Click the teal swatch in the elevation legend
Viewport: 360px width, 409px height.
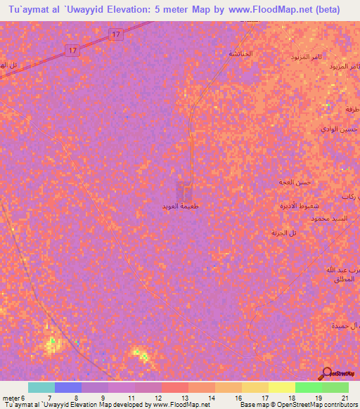(x=41, y=387)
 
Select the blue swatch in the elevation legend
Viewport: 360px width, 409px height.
(x=67, y=387)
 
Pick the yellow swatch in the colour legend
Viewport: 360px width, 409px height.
(x=281, y=387)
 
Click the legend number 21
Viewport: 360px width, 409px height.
(x=345, y=398)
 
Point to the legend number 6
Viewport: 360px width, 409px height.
(x=22, y=398)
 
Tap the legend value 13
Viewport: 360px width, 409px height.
(x=184, y=398)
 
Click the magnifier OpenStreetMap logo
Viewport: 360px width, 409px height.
(x=327, y=373)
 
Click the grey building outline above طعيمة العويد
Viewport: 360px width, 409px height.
(x=185, y=188)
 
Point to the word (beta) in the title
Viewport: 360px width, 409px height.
(x=326, y=10)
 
